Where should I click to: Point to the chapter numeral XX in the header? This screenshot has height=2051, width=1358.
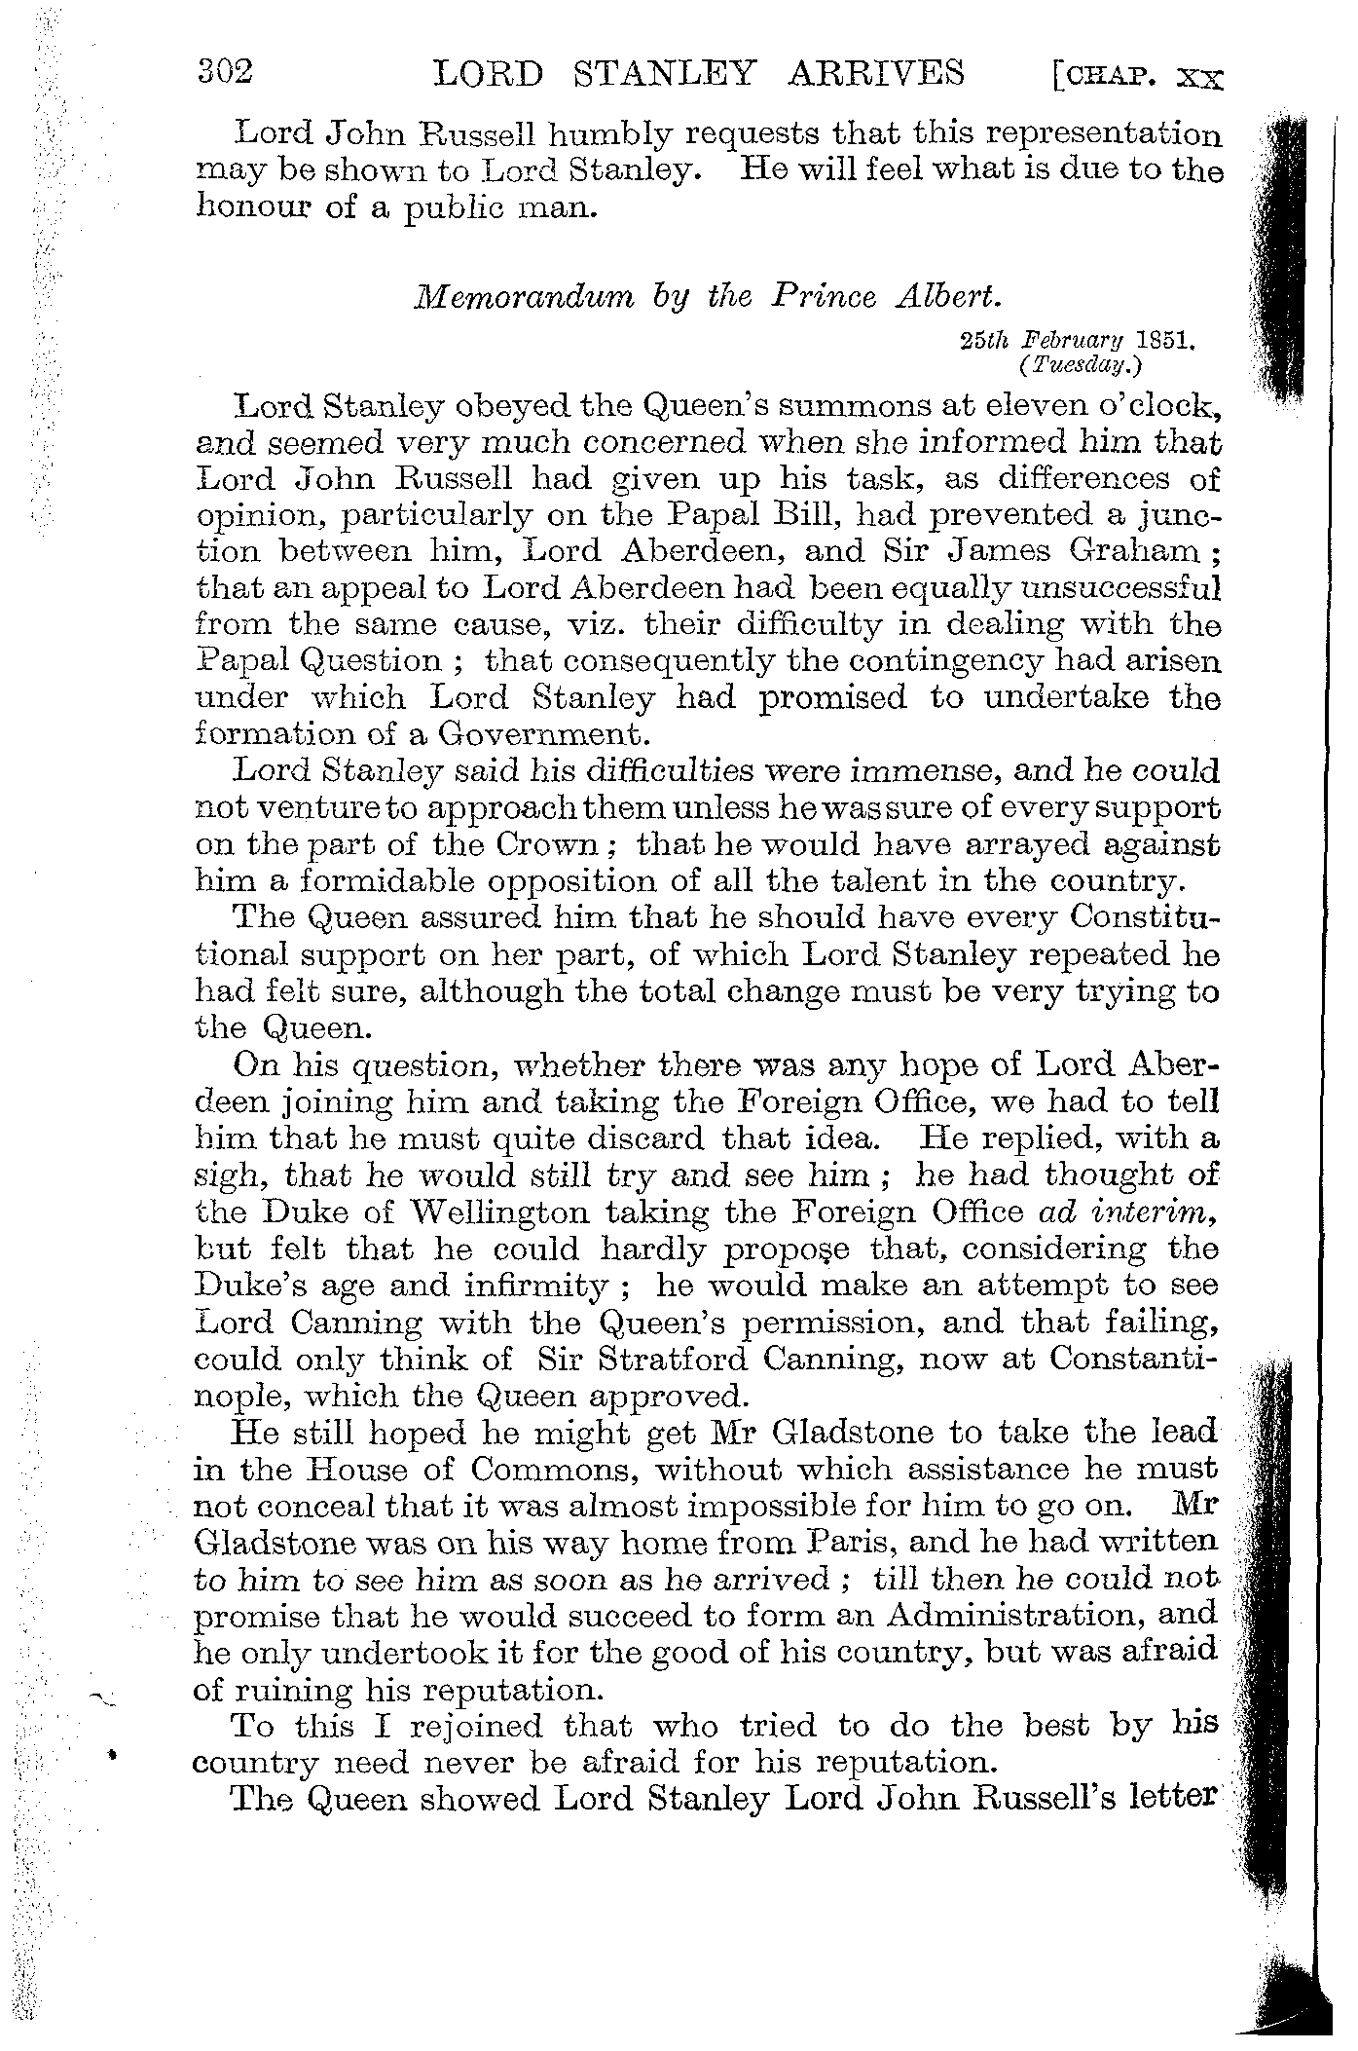[x=1198, y=77]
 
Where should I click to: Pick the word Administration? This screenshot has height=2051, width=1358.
[x=1009, y=1616]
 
